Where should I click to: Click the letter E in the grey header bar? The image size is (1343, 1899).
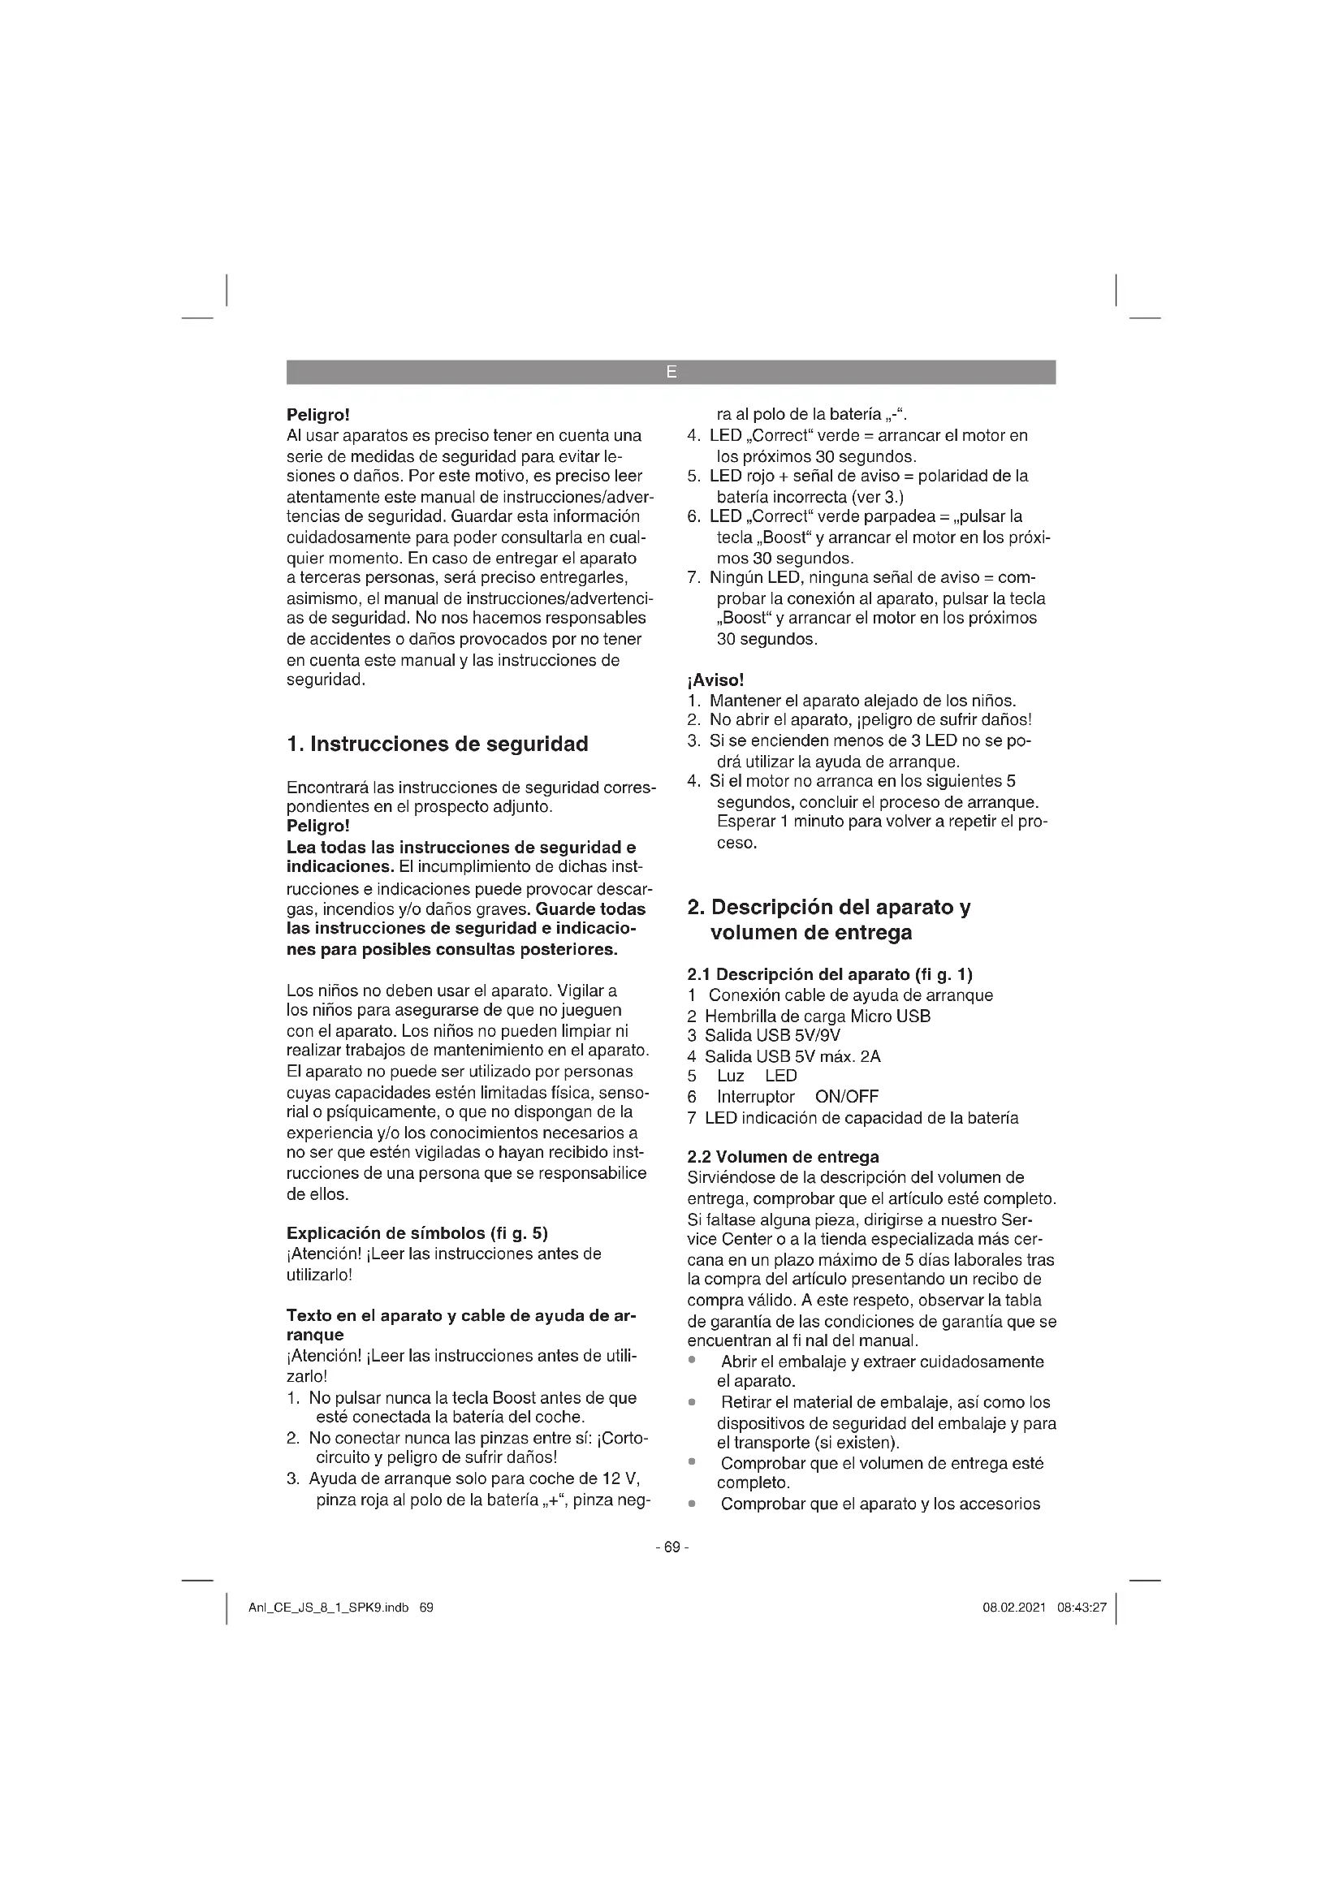[x=671, y=373]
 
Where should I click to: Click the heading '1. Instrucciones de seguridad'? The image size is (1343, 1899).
[x=437, y=744]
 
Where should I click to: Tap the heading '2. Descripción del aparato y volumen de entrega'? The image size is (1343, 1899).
[x=829, y=920]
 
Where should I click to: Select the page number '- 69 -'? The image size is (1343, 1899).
[x=671, y=1547]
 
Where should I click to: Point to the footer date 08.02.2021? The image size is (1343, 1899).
[x=1014, y=1608]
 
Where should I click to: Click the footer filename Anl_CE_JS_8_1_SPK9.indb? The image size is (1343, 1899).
[x=328, y=1608]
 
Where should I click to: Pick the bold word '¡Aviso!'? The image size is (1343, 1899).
[x=715, y=680]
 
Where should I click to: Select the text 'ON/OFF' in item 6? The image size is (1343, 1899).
[x=846, y=1097]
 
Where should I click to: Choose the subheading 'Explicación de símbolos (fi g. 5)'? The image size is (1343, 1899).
[x=417, y=1233]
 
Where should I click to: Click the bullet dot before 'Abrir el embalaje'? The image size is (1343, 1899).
[x=691, y=1362]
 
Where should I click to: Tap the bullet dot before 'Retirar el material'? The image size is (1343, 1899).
[x=691, y=1402]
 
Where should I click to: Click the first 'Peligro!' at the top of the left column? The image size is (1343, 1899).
[x=317, y=414]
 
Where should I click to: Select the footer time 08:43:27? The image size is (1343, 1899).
[x=1082, y=1608]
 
